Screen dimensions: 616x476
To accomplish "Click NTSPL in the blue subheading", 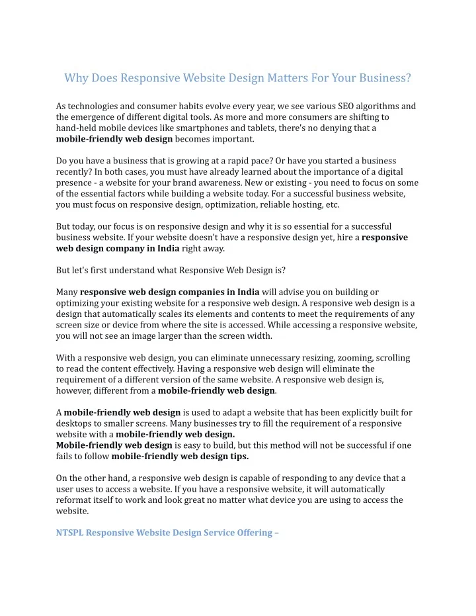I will pos(69,533).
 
